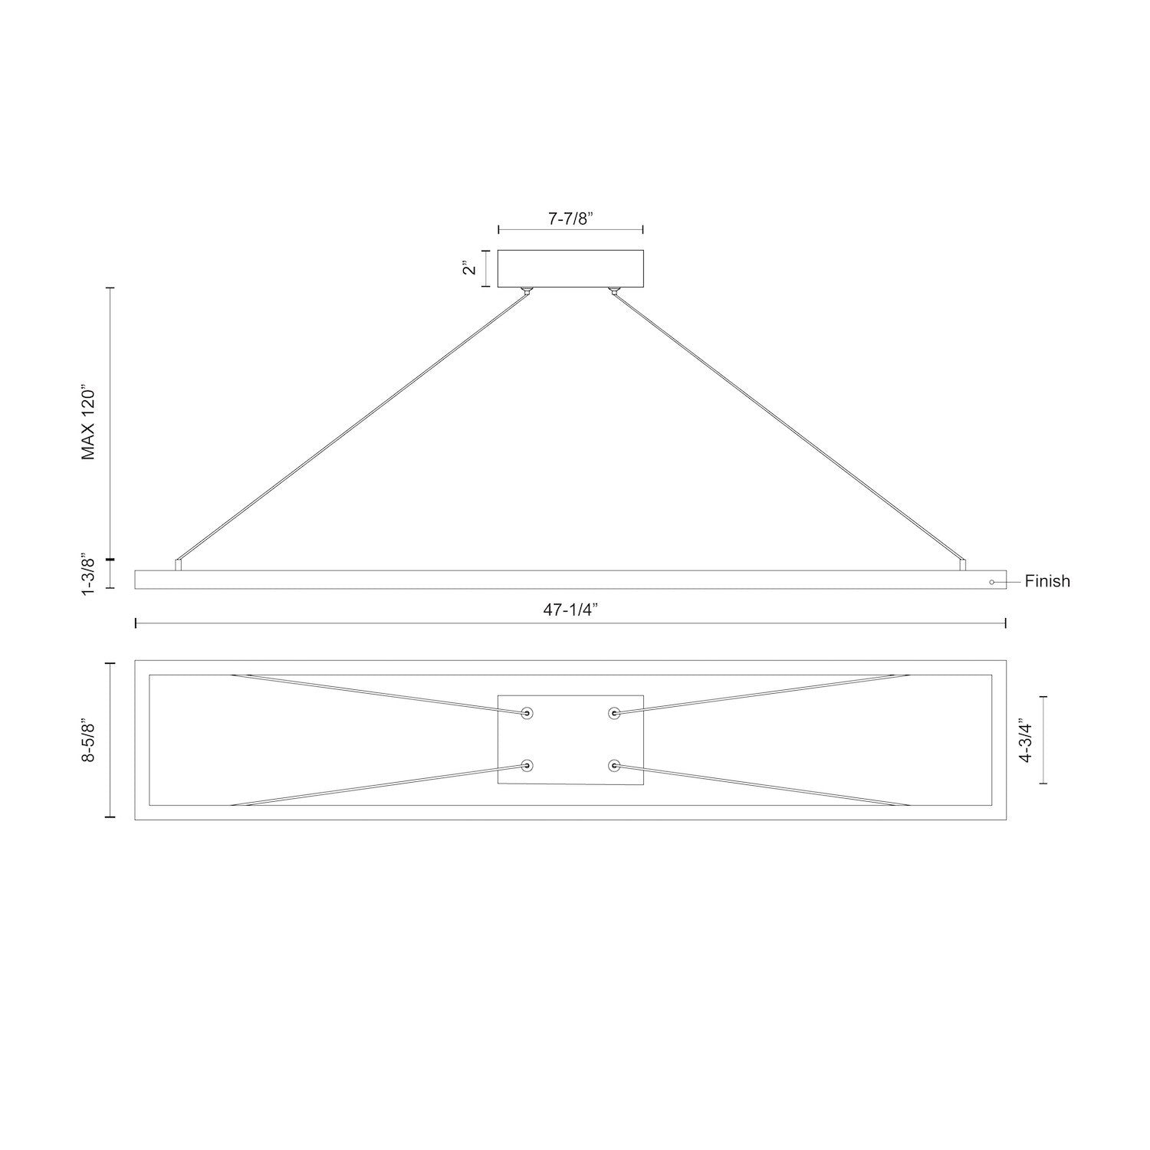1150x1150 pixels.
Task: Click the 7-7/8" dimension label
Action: click(x=572, y=218)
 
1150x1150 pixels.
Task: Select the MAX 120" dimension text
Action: click(x=90, y=424)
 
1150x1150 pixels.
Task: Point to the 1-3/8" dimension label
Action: click(x=90, y=574)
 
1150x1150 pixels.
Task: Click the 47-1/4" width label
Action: click(x=571, y=610)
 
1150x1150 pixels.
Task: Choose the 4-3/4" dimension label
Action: click(x=1025, y=740)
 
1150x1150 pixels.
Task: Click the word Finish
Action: click(x=1047, y=581)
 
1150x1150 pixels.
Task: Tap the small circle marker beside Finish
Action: click(x=991, y=582)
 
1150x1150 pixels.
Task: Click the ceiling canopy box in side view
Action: click(x=570, y=269)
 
